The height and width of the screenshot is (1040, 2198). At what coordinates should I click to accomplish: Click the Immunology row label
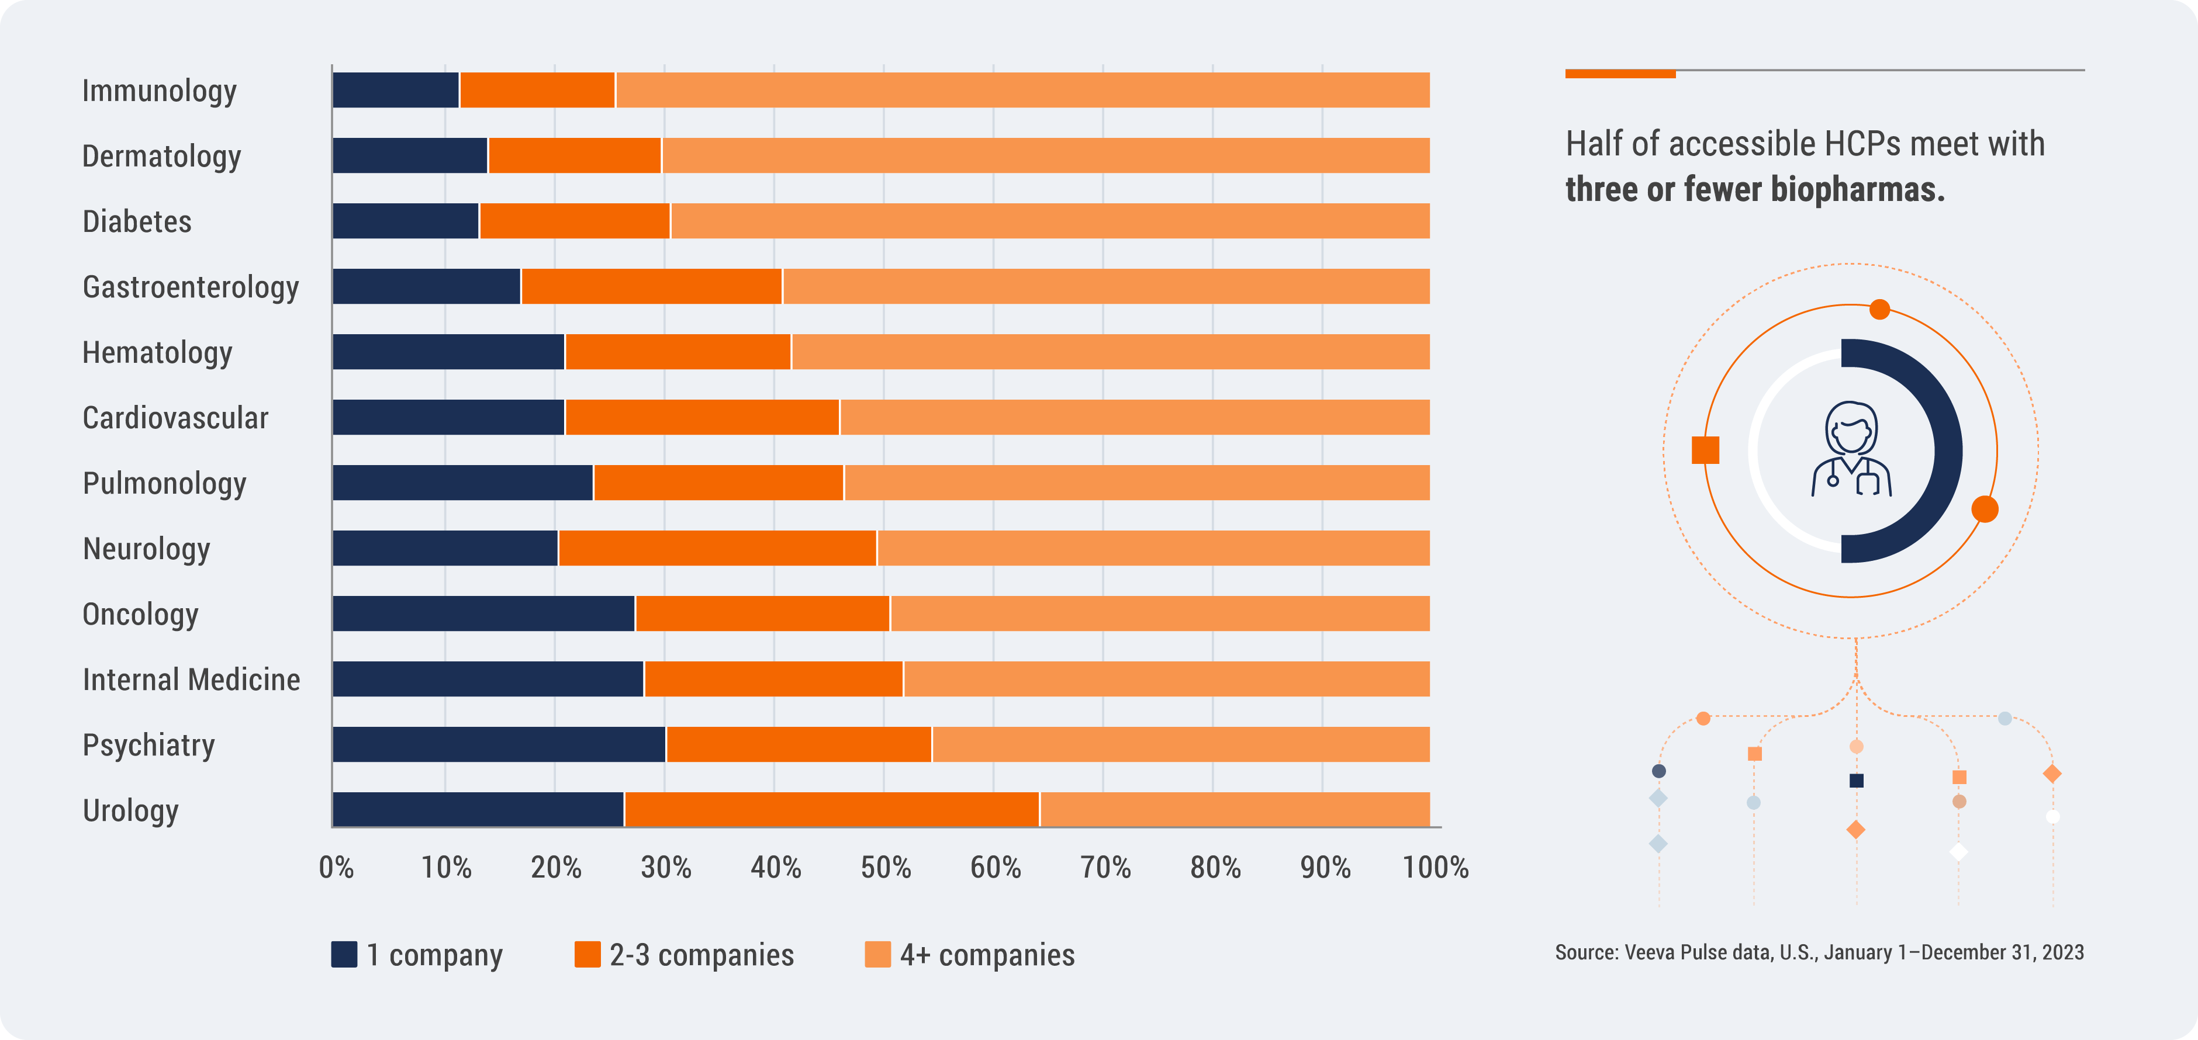pos(158,91)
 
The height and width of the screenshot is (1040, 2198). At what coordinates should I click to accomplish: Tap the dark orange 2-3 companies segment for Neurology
pos(717,547)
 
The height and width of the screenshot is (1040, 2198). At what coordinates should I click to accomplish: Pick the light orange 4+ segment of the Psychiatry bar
pos(1180,744)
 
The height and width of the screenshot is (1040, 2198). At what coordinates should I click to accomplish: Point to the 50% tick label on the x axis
pos(885,868)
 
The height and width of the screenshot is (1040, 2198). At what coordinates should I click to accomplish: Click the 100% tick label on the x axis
pos(1435,868)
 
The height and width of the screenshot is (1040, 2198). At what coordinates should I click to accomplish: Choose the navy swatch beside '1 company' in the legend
pos(344,954)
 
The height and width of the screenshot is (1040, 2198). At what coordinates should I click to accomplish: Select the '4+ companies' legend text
pos(987,955)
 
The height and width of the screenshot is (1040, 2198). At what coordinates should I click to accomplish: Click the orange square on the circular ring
pos(1705,450)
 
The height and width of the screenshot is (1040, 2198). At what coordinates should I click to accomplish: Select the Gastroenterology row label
pos(190,287)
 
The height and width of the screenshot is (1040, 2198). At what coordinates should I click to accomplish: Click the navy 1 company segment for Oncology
pos(483,613)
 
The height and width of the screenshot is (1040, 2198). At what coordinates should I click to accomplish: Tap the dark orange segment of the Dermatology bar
pos(574,155)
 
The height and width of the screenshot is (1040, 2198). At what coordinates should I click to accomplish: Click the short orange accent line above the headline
pos(1619,74)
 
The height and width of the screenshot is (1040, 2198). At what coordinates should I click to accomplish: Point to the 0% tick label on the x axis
pos(336,868)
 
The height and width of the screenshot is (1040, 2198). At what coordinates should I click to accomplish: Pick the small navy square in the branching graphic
pos(1856,781)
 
